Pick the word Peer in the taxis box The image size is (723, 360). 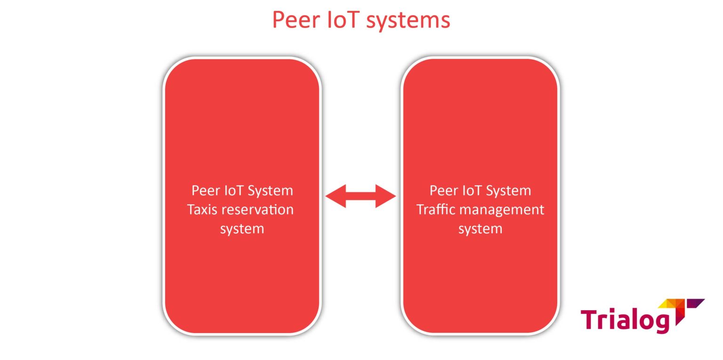(x=205, y=191)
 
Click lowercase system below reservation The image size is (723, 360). (x=242, y=229)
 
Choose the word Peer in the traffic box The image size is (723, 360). (x=443, y=191)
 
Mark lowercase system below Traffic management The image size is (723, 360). (x=480, y=229)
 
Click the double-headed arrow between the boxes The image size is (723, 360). (x=361, y=196)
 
